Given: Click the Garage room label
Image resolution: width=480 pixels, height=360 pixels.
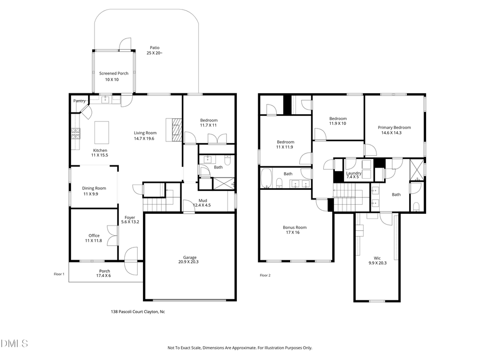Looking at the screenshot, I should click(188, 257).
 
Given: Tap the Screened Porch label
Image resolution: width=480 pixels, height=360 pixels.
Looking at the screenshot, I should click(114, 73).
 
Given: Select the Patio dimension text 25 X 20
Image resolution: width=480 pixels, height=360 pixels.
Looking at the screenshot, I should click(155, 53).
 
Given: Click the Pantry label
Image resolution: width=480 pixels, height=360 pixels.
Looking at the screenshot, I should click(79, 101).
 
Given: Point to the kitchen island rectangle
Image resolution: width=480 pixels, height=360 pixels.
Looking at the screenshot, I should click(101, 130).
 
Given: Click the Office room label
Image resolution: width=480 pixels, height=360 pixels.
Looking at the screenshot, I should click(94, 235).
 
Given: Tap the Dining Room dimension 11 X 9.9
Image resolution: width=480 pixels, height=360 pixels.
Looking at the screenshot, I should click(91, 194).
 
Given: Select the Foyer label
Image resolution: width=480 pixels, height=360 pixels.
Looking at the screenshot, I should click(130, 217).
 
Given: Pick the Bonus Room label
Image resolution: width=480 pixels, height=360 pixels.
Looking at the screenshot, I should click(294, 227).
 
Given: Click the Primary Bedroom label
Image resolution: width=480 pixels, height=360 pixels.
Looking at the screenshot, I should click(394, 127).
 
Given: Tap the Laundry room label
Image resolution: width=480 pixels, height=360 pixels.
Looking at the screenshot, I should click(354, 173).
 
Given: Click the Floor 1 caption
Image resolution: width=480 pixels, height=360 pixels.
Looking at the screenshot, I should click(59, 274).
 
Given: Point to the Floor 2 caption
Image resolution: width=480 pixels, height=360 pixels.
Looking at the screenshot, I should click(265, 275).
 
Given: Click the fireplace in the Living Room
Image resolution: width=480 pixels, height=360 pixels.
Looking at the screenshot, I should click(173, 130).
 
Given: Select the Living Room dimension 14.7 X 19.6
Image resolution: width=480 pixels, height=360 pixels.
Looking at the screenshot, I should click(145, 139).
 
